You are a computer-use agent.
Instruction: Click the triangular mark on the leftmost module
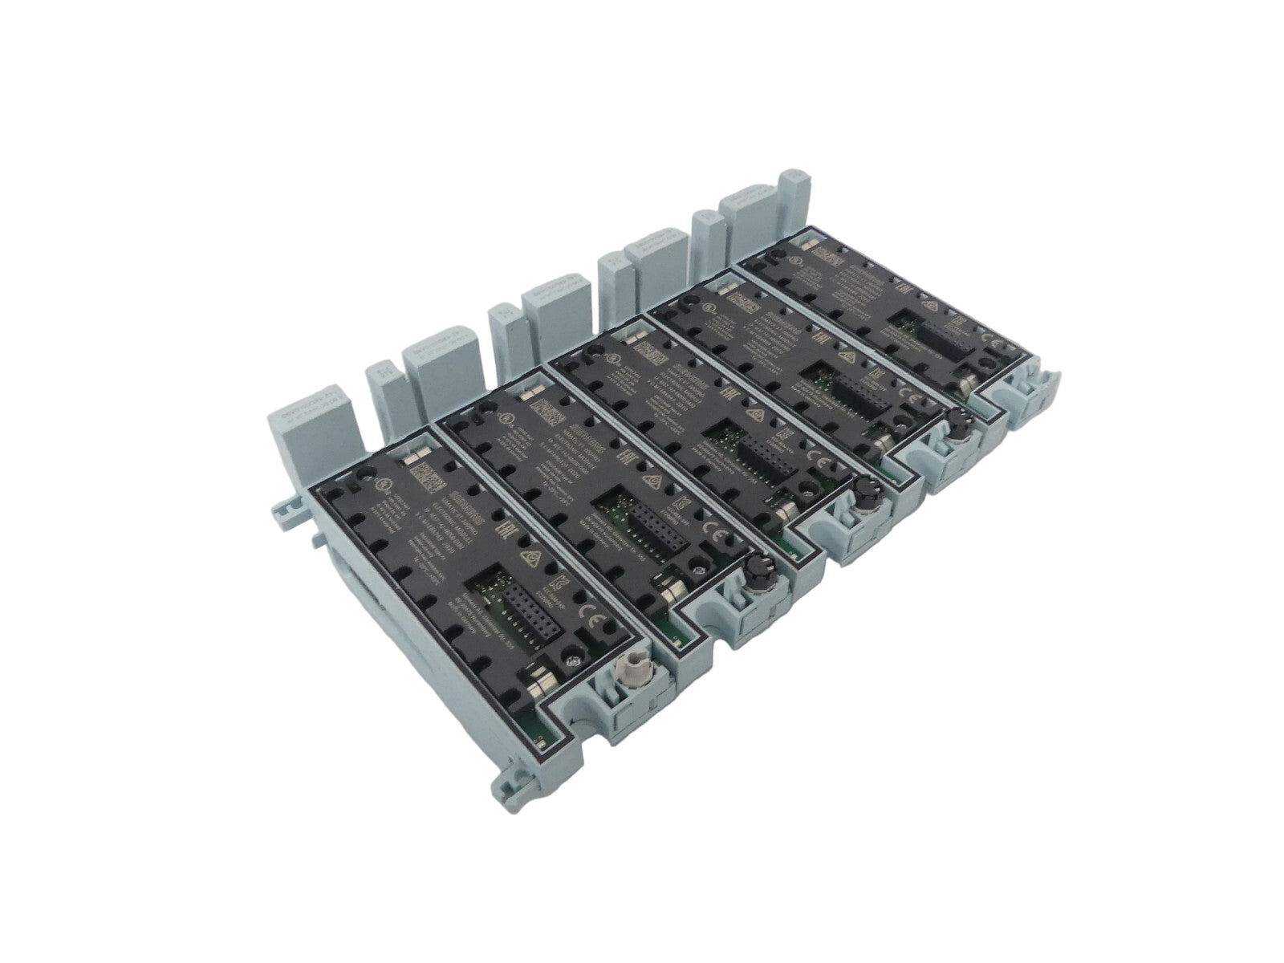530,559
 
